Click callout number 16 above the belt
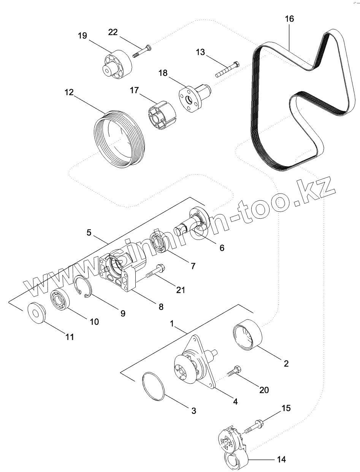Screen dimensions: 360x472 (x=289, y=19)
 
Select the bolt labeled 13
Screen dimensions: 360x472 (x=227, y=68)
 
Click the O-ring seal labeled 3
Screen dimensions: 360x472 (x=153, y=386)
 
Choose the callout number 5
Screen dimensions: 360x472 (x=89, y=232)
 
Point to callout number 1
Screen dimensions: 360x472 (x=172, y=324)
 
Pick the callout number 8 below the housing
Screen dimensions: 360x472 (x=161, y=307)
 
